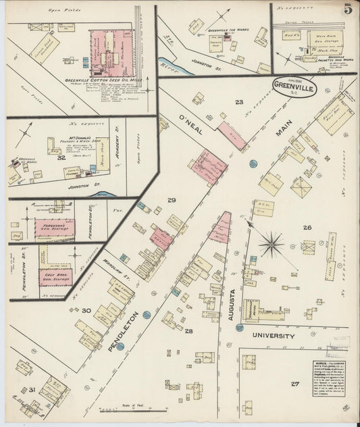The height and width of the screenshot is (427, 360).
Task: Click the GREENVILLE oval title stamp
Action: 294,86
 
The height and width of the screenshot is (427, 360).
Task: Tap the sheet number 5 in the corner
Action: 346,9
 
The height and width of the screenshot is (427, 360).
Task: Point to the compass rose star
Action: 272,243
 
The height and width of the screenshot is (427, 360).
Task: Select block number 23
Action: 238,102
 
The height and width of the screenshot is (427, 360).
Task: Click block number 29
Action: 172,201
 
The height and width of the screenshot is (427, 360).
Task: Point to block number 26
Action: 307,228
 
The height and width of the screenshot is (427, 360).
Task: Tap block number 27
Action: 294,383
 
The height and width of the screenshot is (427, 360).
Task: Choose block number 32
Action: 61,157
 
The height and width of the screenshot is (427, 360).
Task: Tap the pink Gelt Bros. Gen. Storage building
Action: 55,276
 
